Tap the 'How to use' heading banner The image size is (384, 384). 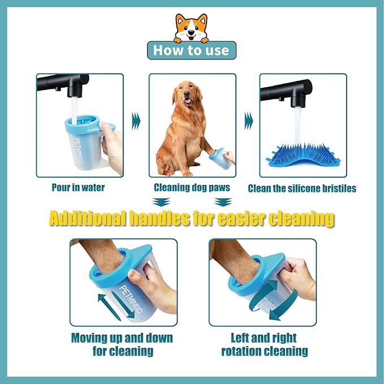click(x=192, y=50)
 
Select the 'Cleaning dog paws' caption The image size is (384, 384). click(x=192, y=187)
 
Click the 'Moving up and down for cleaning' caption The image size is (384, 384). click(x=122, y=344)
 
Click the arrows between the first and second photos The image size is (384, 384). click(x=136, y=120)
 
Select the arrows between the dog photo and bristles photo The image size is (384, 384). click(x=248, y=120)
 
